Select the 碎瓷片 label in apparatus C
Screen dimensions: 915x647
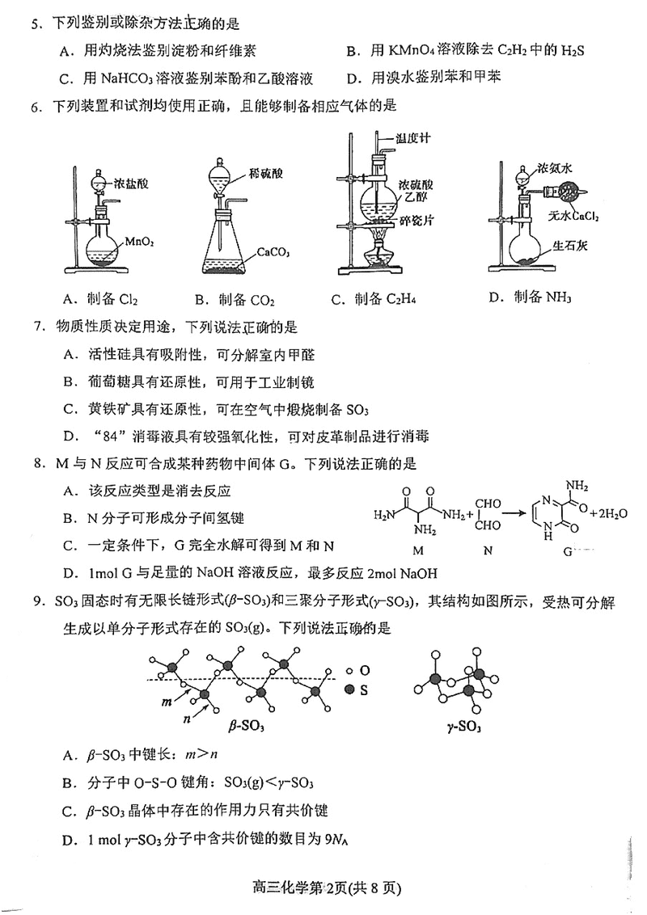(x=417, y=219)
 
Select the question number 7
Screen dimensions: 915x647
(x=36, y=327)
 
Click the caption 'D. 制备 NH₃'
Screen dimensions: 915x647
(x=530, y=297)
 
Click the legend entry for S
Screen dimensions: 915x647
(x=362, y=689)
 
